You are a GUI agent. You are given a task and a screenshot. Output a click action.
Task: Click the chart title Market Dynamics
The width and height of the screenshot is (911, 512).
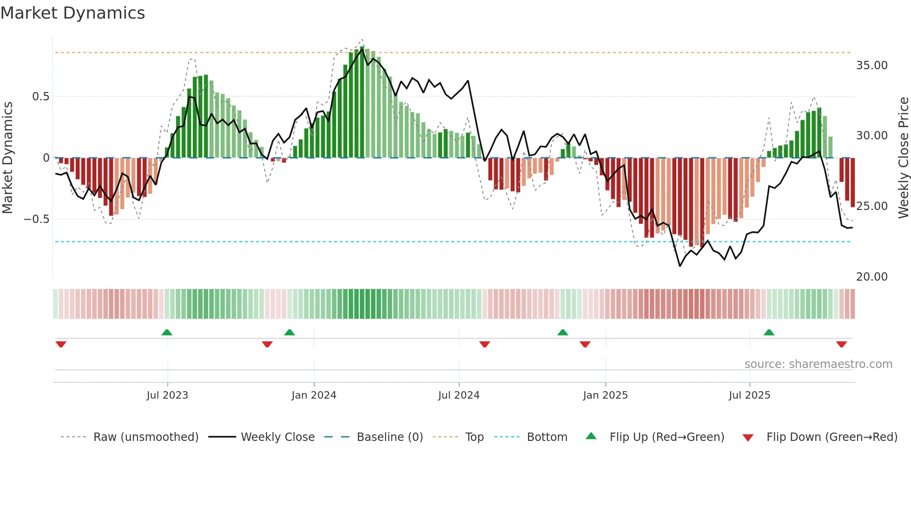point(73,13)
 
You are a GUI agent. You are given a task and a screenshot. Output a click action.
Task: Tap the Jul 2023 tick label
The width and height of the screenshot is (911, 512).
point(167,395)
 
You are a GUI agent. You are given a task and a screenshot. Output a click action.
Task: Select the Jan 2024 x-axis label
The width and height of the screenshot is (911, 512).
point(314,395)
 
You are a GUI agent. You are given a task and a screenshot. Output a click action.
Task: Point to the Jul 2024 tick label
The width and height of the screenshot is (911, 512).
point(459,395)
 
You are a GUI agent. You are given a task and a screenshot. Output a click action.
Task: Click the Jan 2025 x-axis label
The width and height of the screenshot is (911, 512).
point(605,395)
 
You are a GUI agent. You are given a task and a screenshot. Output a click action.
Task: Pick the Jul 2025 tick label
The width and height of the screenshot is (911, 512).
point(749,395)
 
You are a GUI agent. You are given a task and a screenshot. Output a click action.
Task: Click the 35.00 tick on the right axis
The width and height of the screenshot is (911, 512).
point(871,66)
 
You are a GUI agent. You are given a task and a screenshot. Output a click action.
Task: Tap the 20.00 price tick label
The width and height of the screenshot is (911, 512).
point(871,277)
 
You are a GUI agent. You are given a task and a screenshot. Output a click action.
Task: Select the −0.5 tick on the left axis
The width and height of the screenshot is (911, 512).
point(36,219)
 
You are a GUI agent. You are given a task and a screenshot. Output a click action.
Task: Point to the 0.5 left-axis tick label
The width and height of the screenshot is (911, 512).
point(40,97)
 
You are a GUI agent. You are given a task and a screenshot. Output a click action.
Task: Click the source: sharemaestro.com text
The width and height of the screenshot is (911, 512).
point(818,364)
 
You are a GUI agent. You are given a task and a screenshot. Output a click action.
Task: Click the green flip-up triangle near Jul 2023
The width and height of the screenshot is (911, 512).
point(167,332)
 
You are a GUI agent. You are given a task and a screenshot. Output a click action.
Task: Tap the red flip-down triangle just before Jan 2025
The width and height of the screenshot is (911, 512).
point(585,344)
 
